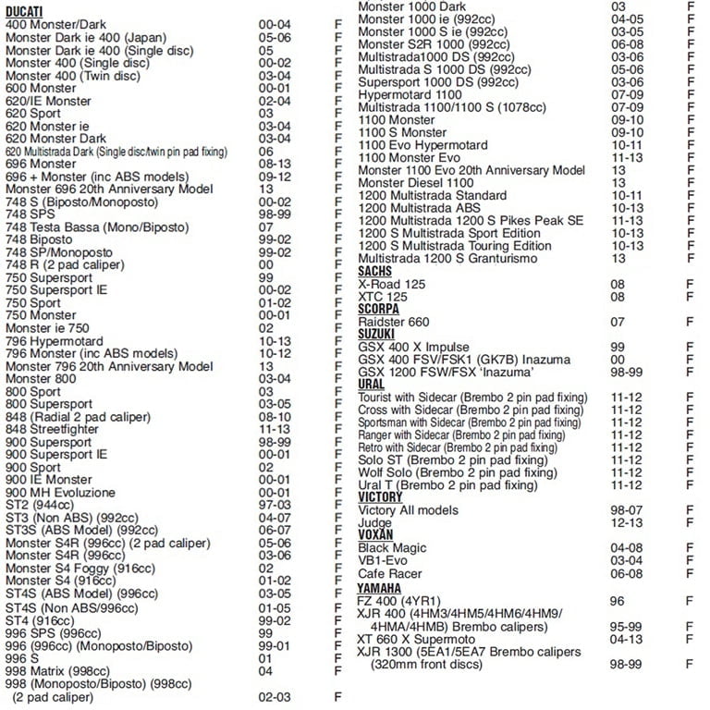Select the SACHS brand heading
[x=375, y=272]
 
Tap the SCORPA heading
[x=379, y=309]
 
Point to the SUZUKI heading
[x=376, y=334]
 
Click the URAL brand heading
[x=372, y=385]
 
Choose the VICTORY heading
[x=381, y=497]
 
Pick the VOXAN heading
[x=376, y=535]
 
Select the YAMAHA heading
[x=380, y=588]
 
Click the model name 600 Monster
[x=41, y=88]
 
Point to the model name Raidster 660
[x=393, y=322]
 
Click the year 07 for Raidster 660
[x=618, y=322]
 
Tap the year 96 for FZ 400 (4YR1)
[x=618, y=601]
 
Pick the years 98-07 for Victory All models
[x=625, y=510]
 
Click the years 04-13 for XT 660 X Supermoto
[x=625, y=640]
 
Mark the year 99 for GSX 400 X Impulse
[x=618, y=347]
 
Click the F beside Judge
[x=690, y=523]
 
